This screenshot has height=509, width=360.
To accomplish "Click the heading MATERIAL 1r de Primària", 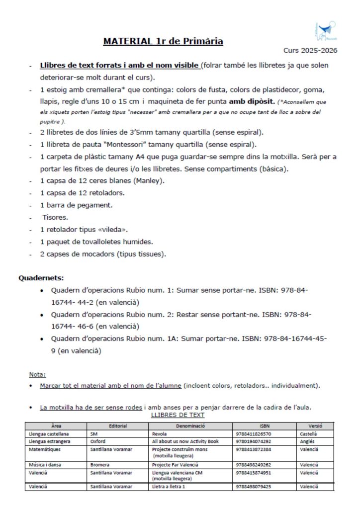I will tap(163, 41).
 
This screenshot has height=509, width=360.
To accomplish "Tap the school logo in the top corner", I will tap(326, 30).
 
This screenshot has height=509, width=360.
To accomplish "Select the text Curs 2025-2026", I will tap(310, 50).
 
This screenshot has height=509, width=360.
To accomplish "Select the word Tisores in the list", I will tap(56, 218).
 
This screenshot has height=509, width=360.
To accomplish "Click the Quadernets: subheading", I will tap(41, 277).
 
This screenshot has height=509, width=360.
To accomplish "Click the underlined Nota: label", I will tap(37, 374).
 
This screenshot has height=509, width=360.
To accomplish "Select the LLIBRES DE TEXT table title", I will tap(178, 415).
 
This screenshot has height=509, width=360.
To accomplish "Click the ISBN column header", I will tap(265, 426).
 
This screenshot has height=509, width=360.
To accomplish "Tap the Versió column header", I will tap(315, 426).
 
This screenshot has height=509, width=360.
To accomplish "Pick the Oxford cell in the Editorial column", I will tap(98, 441).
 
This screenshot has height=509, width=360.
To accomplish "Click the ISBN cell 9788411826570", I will tap(254, 434).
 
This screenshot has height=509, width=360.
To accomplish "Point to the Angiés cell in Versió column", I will tap(307, 441).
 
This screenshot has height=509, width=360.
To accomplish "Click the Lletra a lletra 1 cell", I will tap(169, 487).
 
